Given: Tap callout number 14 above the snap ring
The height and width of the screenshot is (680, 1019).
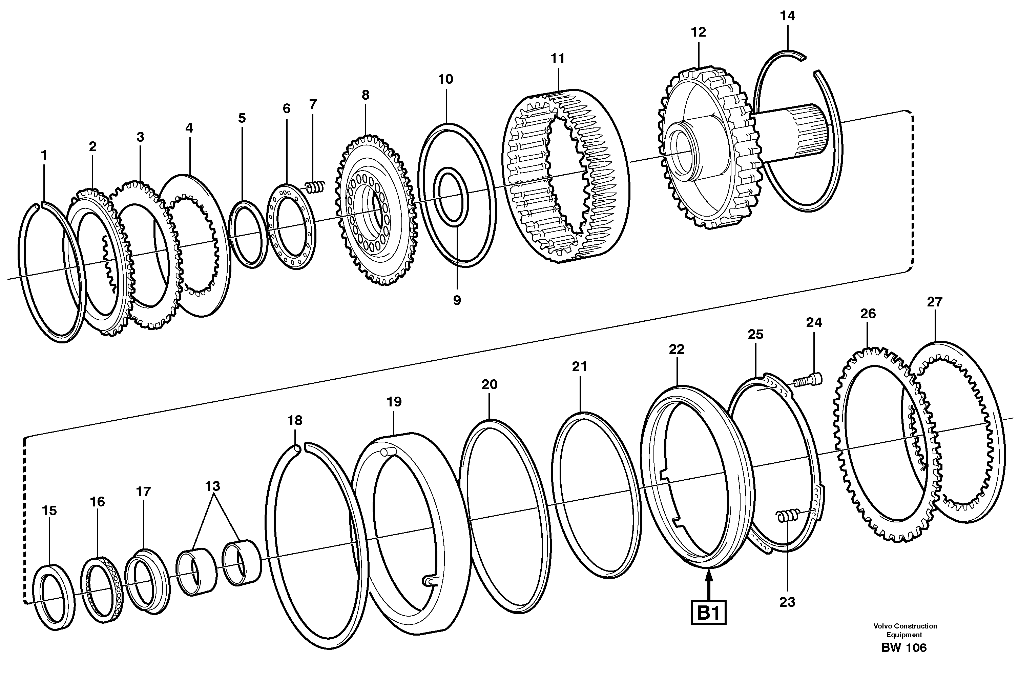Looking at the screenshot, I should coord(788,16).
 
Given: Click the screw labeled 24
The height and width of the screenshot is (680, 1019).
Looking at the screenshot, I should coord(809,380).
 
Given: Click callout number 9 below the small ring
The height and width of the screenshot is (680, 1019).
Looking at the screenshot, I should coord(457,300).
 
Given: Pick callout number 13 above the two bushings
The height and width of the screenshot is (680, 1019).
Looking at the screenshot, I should coord(213,486).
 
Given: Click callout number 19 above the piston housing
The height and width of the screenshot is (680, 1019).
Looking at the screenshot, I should coord(394,402).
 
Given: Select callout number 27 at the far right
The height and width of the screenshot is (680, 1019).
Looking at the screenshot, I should coord(935,302).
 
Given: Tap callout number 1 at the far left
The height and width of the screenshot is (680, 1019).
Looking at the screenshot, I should coord(43,155).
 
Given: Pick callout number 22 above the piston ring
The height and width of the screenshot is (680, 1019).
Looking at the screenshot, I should coord(676,349).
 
